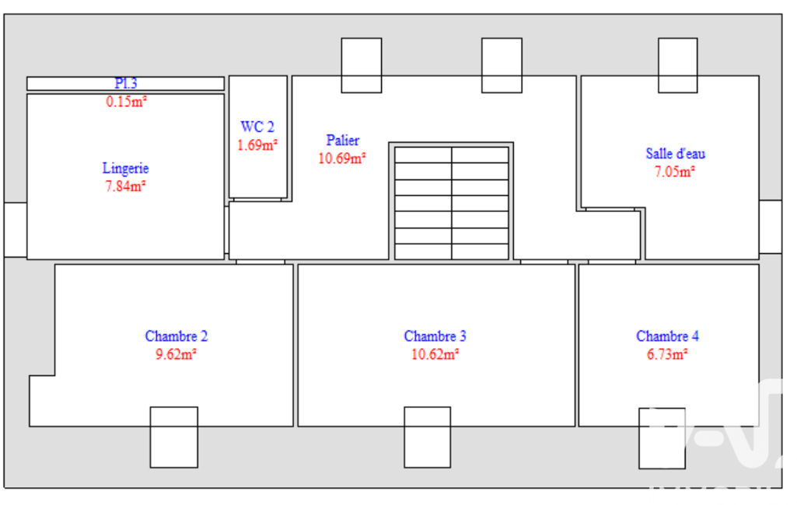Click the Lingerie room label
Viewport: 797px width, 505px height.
pos(125,168)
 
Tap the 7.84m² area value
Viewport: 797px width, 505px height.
pos(125,186)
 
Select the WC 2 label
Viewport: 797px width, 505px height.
pos(257,127)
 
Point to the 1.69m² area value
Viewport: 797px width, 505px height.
pos(257,145)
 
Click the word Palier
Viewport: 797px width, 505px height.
pos(343,140)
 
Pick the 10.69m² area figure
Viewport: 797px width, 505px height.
pos(342,158)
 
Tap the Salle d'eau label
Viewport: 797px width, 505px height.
pos(676,153)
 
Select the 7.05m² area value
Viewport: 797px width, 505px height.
pos(674,172)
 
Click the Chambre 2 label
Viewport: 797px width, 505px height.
pos(177,336)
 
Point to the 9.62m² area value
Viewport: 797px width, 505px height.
pos(176,354)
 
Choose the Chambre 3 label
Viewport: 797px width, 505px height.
pos(435,336)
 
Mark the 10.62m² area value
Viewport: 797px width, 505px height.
pos(435,354)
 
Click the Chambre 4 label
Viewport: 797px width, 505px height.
pos(667,336)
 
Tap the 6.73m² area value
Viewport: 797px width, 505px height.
pos(667,354)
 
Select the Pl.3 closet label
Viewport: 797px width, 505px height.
pos(125,83)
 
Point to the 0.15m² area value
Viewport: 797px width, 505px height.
pos(126,102)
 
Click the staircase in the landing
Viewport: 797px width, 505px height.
pos(451,203)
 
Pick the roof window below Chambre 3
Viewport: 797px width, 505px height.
pos(428,437)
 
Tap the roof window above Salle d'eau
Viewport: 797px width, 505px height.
pos(677,65)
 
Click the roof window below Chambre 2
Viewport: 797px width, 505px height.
pos(174,437)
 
